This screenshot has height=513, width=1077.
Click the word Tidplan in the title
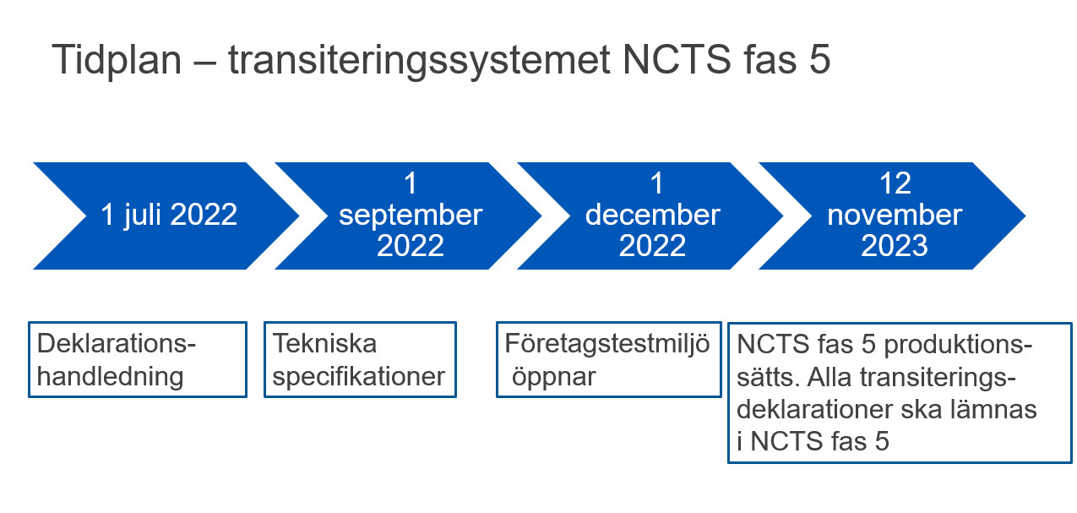click(x=117, y=61)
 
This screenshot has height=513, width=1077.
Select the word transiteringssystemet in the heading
click(x=419, y=61)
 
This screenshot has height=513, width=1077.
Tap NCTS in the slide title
click(x=677, y=60)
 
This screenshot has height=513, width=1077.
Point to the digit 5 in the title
click(x=819, y=60)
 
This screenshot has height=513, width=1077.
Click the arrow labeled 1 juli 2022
click(x=166, y=216)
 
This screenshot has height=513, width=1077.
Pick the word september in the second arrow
click(x=411, y=216)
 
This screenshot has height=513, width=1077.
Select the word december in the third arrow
click(x=652, y=215)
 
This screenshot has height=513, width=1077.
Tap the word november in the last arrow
click(x=895, y=215)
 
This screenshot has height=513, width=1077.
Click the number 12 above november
click(x=895, y=183)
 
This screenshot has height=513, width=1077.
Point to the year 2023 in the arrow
click(x=895, y=246)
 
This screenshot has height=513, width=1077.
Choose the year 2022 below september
click(x=411, y=246)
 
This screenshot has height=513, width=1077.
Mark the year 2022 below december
click(x=652, y=246)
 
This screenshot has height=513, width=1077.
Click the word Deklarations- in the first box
click(x=117, y=344)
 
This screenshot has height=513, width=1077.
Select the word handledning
click(x=110, y=377)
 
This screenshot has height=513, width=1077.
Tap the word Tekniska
click(x=324, y=344)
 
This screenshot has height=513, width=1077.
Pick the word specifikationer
click(x=359, y=377)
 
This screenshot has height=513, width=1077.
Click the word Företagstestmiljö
click(x=607, y=345)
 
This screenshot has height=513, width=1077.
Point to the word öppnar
click(x=554, y=378)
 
